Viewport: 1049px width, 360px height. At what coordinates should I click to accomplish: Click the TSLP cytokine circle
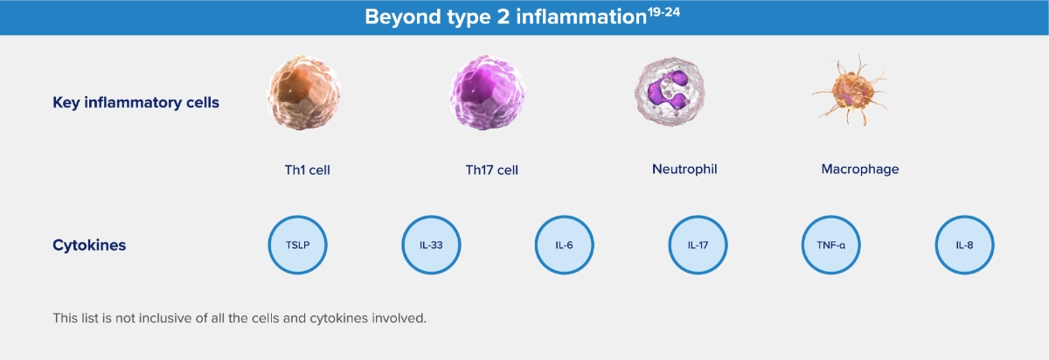(x=297, y=245)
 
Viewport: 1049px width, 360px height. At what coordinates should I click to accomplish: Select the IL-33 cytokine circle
(x=431, y=245)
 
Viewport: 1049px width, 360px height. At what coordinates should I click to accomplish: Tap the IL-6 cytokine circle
(x=565, y=245)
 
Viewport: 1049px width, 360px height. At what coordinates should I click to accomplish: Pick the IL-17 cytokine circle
(x=698, y=245)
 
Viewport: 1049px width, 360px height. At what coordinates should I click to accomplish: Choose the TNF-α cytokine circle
(x=830, y=245)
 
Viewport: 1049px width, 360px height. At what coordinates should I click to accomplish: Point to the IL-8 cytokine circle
(x=964, y=245)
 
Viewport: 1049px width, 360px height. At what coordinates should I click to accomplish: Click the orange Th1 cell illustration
(x=304, y=93)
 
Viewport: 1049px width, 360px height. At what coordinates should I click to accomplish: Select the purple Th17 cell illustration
(x=487, y=93)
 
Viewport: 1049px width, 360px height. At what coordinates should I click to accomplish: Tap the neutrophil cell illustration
(x=670, y=92)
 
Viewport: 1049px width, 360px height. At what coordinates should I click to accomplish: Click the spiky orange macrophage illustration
(x=850, y=91)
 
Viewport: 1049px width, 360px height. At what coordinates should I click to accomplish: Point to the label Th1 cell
(x=307, y=170)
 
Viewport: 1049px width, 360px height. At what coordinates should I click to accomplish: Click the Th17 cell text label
(x=491, y=170)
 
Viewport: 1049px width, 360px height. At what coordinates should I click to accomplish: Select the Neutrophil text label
(x=684, y=169)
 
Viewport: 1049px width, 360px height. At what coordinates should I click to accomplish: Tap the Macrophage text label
(x=860, y=169)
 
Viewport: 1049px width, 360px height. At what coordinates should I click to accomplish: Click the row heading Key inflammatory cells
(x=135, y=102)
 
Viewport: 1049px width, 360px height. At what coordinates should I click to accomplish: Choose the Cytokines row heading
(x=89, y=245)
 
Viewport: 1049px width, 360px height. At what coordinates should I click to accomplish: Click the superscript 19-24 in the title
(x=664, y=11)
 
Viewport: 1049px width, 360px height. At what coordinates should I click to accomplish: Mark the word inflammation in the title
(x=581, y=17)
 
